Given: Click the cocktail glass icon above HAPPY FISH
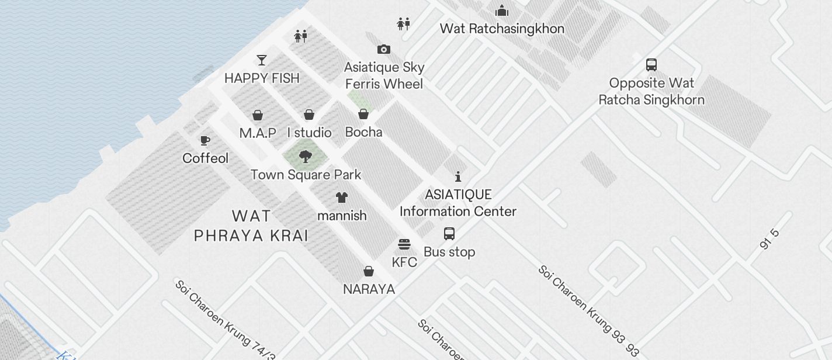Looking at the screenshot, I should point(262,60).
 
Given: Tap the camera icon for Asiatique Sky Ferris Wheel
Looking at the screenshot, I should point(383,49).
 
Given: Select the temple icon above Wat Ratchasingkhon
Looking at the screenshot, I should point(501,11).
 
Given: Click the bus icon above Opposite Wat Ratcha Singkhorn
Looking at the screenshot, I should point(651,64).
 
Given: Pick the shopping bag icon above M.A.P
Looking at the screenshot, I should point(258,115).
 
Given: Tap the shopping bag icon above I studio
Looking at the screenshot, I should point(309,115).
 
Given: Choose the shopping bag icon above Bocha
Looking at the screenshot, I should point(363,114).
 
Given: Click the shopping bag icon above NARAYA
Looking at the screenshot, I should point(369,271).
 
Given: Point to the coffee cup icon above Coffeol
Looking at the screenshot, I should point(205,140).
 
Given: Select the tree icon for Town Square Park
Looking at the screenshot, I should point(305,156).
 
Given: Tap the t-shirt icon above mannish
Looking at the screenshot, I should point(342,198).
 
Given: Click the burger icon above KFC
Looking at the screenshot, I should point(404,244).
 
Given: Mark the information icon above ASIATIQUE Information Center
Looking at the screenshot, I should point(458,176).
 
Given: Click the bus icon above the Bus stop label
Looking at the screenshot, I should point(449,234).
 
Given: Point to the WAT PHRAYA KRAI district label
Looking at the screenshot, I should point(251,226).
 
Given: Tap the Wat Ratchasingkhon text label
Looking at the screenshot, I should point(502,29).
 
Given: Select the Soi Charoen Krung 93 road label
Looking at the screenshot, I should point(588,311).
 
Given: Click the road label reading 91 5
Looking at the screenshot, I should point(770,240).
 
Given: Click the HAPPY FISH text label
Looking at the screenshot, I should point(262,78).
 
